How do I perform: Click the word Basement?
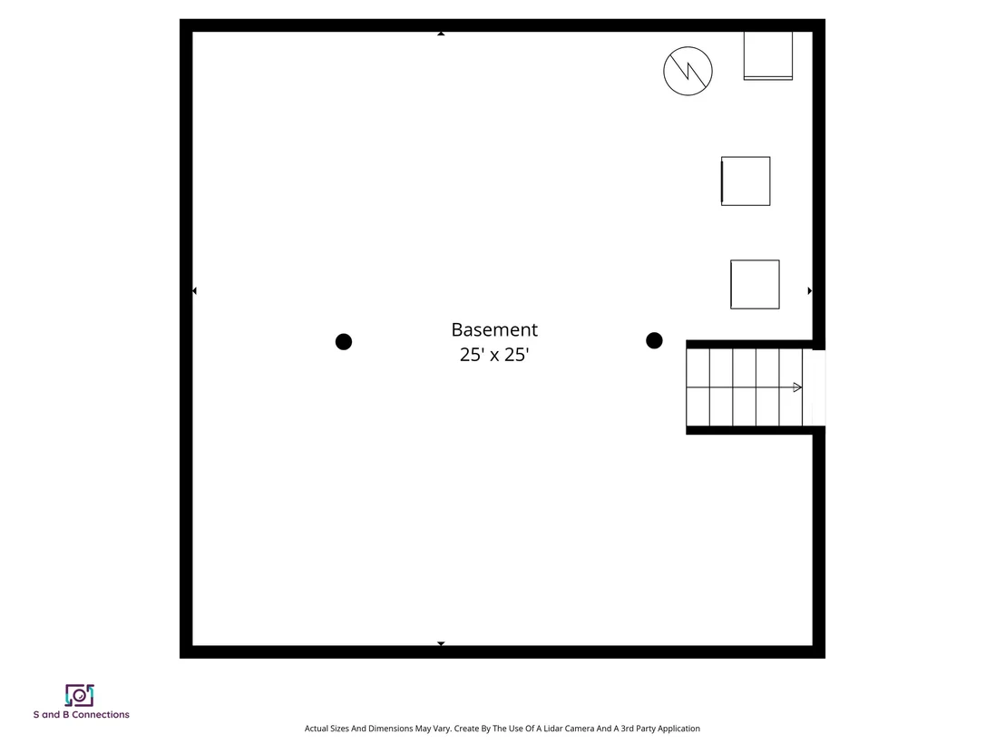[x=494, y=329]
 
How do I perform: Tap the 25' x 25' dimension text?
[x=494, y=355]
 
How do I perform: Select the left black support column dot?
[x=344, y=342]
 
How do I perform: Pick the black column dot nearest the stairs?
[x=654, y=340]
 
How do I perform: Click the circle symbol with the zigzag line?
[x=688, y=71]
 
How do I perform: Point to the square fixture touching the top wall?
[x=768, y=55]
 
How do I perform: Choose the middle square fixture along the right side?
[x=746, y=181]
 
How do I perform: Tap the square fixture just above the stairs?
[x=755, y=284]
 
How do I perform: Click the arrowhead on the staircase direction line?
[x=797, y=387]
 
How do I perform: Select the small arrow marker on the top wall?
[x=441, y=34]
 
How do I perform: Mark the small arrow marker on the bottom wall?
[x=441, y=643]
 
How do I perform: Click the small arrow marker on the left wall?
[x=194, y=291]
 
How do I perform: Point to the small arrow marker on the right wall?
[x=809, y=291]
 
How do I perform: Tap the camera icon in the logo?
[x=80, y=695]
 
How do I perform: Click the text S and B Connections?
[x=82, y=714]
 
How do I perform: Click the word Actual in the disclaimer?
[x=316, y=729]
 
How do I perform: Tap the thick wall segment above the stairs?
[x=750, y=344]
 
